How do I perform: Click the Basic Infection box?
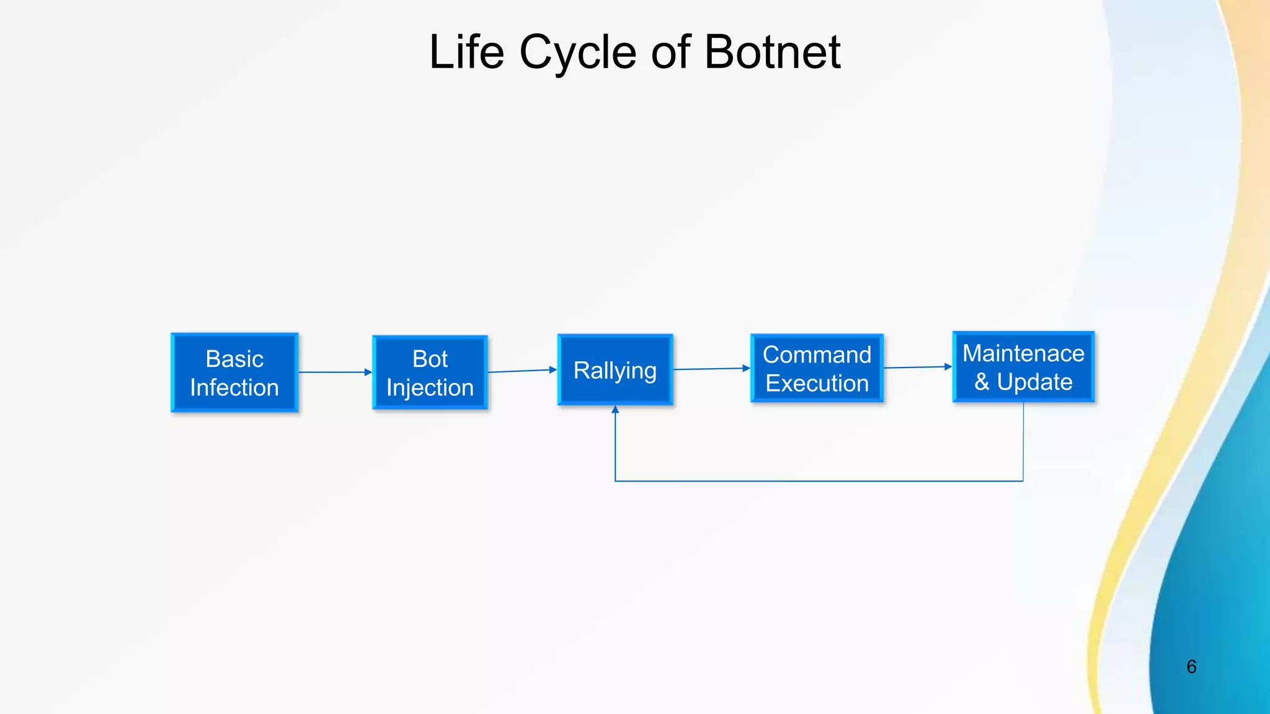234,372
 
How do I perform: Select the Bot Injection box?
430,372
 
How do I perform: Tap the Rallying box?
615,370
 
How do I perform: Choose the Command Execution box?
817,369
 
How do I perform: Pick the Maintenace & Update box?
1023,367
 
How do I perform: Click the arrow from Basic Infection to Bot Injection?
335,372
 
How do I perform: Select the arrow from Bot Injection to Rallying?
522,371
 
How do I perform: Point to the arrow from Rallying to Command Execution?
711,369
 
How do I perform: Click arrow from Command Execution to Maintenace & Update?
918,367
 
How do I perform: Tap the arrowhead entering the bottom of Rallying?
615,410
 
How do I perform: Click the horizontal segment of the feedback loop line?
819,481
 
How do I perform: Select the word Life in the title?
466,52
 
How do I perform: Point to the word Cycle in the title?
578,52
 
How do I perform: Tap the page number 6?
1191,667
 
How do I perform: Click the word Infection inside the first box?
234,388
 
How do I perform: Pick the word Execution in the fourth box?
817,384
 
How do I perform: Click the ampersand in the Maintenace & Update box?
982,382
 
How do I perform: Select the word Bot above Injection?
430,359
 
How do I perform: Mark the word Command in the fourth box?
817,355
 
